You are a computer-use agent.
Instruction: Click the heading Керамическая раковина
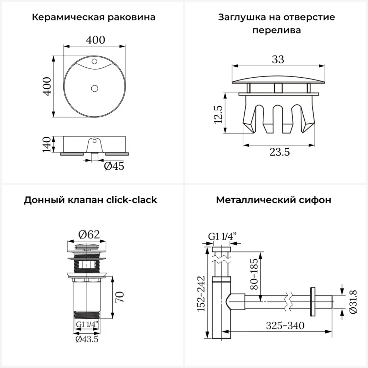pos(93,17)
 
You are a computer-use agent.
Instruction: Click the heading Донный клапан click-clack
pos(91,200)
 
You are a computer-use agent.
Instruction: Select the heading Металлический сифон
pos(273,200)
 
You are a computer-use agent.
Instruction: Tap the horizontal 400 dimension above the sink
pos(95,40)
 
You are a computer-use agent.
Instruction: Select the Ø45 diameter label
pos(114,166)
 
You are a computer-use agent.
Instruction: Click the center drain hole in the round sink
pos(95,88)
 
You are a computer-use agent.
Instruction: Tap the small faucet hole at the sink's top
pos(95,60)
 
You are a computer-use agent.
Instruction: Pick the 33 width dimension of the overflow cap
pos(278,59)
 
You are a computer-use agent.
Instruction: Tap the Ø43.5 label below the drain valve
pos(87,339)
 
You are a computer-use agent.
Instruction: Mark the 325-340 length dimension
pos(285,326)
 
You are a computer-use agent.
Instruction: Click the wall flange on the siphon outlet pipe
pos(313,301)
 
